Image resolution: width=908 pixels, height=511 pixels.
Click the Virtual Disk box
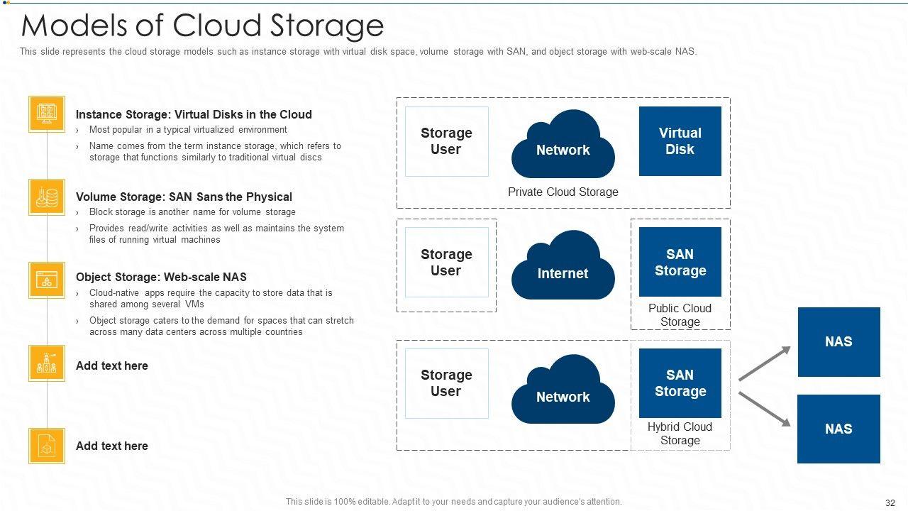coord(680,141)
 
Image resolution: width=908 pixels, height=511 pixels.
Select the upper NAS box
coord(838,342)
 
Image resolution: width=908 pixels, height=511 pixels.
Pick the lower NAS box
coord(838,429)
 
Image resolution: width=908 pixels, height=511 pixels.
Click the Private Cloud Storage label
coord(563,192)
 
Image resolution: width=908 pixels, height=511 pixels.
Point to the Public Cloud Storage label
coord(680,314)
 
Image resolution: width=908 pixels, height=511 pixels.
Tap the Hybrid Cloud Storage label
coord(680,433)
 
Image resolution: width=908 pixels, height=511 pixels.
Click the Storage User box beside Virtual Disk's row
coord(446,141)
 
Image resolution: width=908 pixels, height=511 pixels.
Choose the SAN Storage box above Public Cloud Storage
coord(680,262)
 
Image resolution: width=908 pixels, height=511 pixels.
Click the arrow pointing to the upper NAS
coord(765,363)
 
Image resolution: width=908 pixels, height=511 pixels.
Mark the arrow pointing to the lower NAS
coord(765,409)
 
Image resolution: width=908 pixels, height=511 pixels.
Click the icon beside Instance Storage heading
coord(47,114)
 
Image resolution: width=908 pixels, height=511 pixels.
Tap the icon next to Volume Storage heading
coord(47,197)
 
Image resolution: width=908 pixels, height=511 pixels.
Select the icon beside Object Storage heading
coord(47,280)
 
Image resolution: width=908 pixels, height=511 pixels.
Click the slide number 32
coord(890,502)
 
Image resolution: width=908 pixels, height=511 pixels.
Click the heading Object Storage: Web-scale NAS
coord(161,277)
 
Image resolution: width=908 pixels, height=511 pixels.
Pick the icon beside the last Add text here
coord(47,446)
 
